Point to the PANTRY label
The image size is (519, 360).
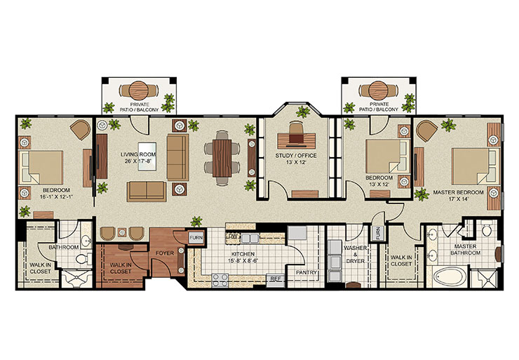coord(307,273)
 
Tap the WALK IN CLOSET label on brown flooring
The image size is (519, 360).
coord(121,267)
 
